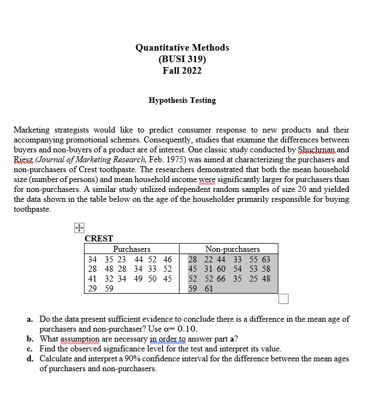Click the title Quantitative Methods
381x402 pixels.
[182, 47]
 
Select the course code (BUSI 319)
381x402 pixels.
[182, 59]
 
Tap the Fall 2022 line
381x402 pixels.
[182, 70]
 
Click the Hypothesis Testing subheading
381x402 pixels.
[182, 100]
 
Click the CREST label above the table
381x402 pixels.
[99, 239]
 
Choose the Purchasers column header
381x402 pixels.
[132, 249]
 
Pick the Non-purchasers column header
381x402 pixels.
[232, 249]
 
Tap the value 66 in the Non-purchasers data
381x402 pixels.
[220, 279]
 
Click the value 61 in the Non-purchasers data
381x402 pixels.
[208, 289]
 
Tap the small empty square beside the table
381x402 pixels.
[283, 299]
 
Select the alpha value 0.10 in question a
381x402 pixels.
[183, 329]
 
